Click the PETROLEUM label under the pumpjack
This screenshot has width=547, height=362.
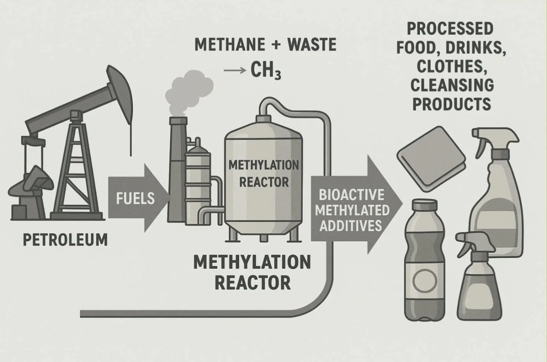[65, 240]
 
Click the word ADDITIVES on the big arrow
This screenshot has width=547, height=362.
[351, 225]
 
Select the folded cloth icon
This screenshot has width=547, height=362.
[431, 156]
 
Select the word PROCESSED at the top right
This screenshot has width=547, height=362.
[449, 29]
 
